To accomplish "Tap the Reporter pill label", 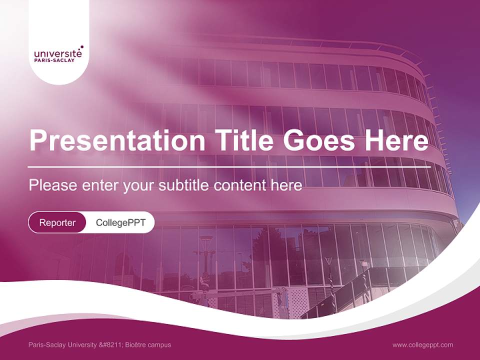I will [x=57, y=222].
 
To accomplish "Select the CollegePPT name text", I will [x=120, y=222].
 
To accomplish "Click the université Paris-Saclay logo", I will [x=58, y=54].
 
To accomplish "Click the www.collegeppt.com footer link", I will [x=422, y=344].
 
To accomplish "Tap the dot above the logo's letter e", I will [x=81, y=46].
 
